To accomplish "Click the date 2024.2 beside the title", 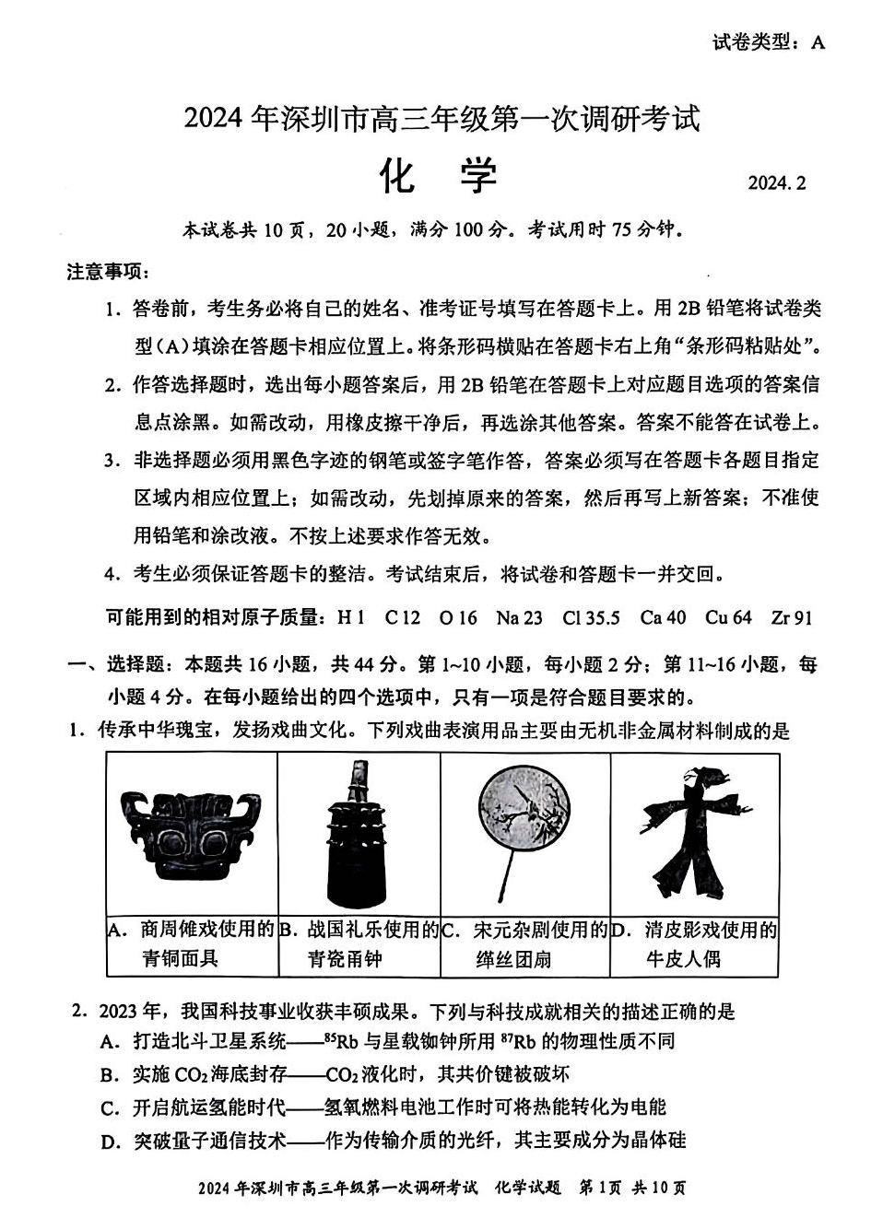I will pos(776,182).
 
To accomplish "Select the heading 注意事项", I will pos(106,272).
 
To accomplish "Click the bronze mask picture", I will pos(193,834).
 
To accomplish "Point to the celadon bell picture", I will pos(359,834).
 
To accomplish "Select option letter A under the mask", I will pos(116,930).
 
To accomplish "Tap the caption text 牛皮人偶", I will pos(683,959).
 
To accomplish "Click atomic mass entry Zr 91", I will pos(791,617).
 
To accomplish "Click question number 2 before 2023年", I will pos(80,1012).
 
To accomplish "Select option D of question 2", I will pos(110,1142).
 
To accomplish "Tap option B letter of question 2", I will pos(110,1075).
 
